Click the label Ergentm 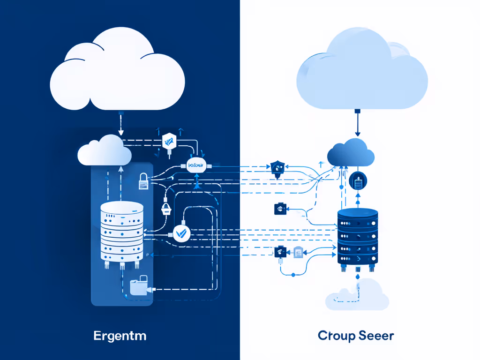point(120,336)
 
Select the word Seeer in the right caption point(376,336)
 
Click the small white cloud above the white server point(105,150)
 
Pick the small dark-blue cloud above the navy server point(350,152)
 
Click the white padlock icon point(143,182)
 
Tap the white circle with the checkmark point(181,232)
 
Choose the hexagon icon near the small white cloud point(168,140)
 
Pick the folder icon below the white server point(139,286)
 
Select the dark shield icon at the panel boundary point(277,167)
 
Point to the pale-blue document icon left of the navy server point(298,253)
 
